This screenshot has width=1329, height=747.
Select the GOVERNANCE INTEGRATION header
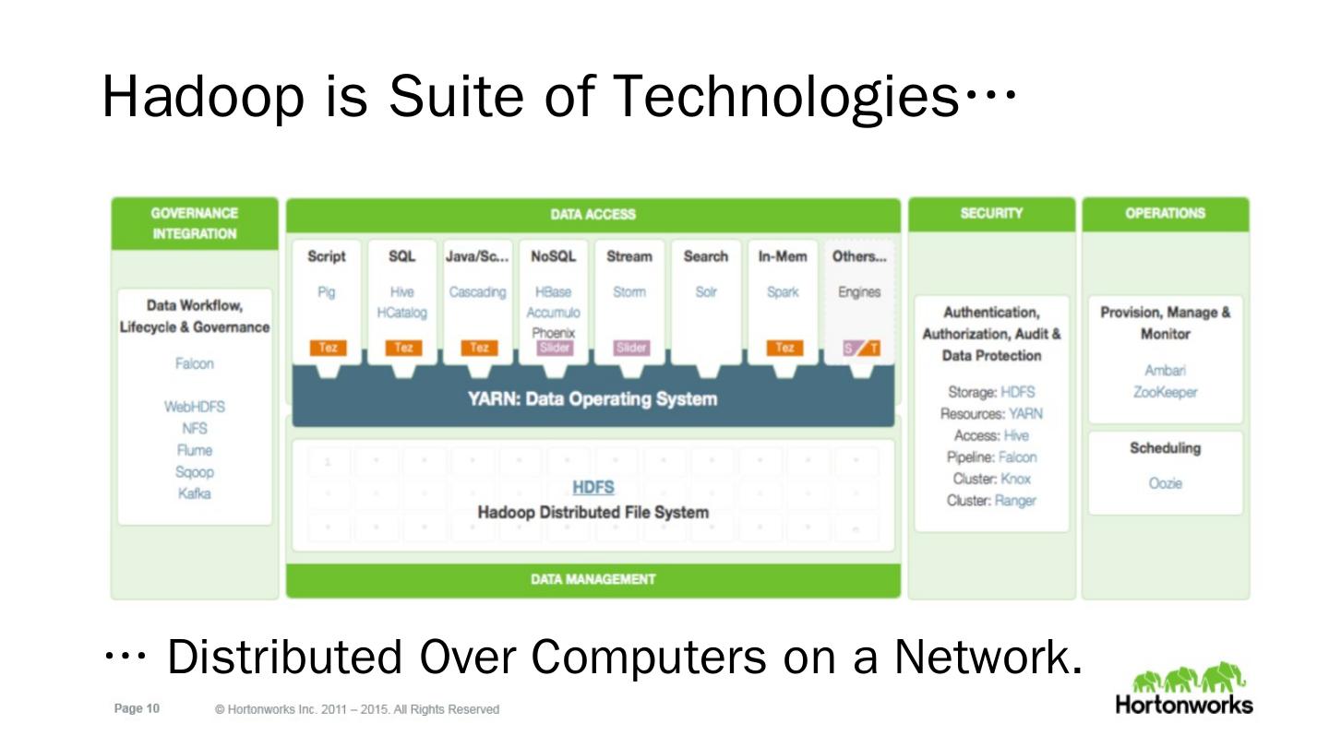click(195, 223)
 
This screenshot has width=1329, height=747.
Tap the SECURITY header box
click(991, 213)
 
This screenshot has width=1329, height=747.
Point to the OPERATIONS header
click(1165, 213)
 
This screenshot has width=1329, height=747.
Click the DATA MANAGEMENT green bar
click(593, 579)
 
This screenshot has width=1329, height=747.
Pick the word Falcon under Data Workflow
click(194, 363)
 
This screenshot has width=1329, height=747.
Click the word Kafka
click(194, 493)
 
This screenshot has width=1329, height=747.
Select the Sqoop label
click(195, 472)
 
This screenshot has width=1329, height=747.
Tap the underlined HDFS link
click(593, 487)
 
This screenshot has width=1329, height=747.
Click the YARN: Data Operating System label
click(593, 399)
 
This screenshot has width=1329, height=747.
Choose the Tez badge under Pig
click(328, 348)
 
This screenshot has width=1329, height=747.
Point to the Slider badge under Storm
click(631, 348)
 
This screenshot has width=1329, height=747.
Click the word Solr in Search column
click(706, 292)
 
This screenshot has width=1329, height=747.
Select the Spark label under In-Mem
click(783, 292)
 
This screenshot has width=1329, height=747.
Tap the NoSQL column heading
click(553, 256)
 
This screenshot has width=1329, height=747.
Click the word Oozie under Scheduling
click(1165, 483)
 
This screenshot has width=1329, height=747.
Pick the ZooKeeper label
click(1165, 392)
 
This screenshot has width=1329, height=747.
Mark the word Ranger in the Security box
click(1015, 501)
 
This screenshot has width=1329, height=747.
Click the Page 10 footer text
click(137, 708)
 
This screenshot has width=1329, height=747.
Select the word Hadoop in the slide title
click(202, 95)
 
